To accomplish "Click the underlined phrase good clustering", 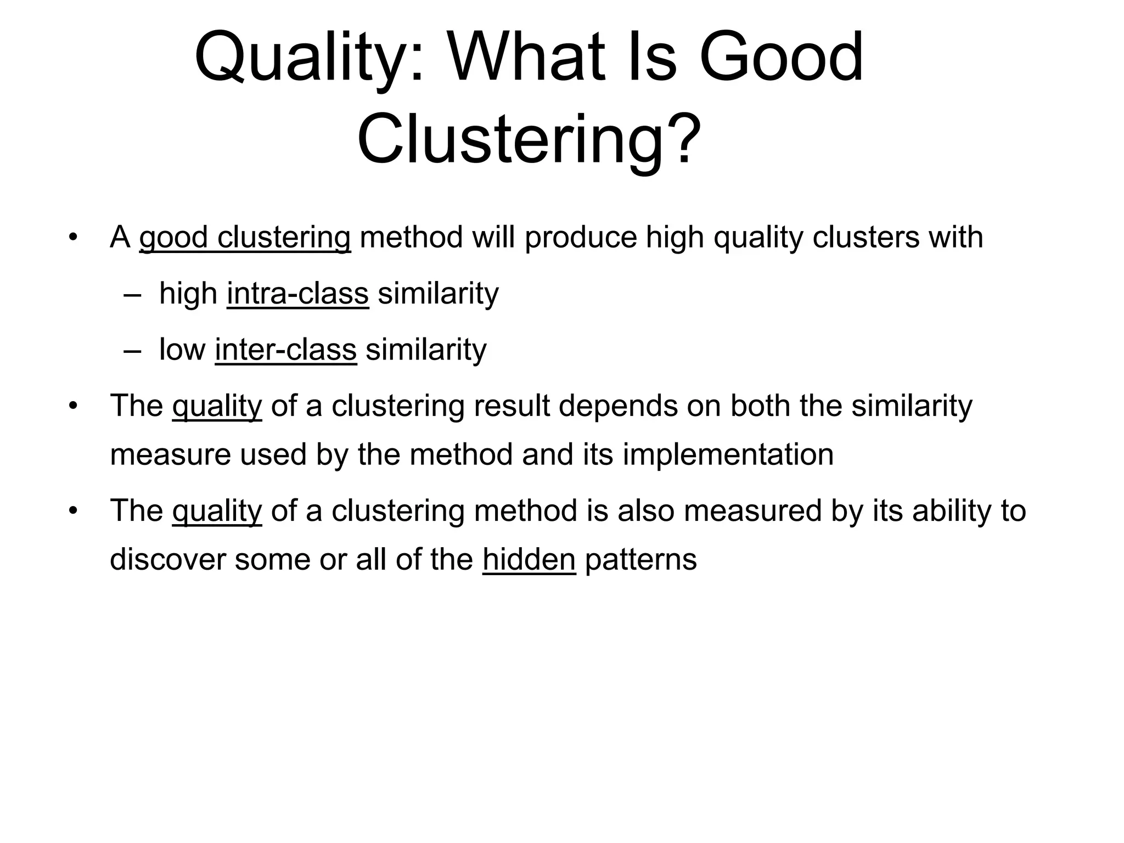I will [x=245, y=238].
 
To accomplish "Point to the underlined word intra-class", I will [x=297, y=294].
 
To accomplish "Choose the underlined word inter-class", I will [x=285, y=350].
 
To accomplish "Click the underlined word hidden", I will [x=529, y=559].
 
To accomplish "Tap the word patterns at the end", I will [x=640, y=559].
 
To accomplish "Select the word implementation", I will [x=728, y=454].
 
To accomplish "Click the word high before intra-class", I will [x=188, y=294].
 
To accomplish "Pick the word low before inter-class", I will [x=182, y=350].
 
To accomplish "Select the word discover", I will [x=167, y=559].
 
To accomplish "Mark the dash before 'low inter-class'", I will [x=132, y=350].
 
